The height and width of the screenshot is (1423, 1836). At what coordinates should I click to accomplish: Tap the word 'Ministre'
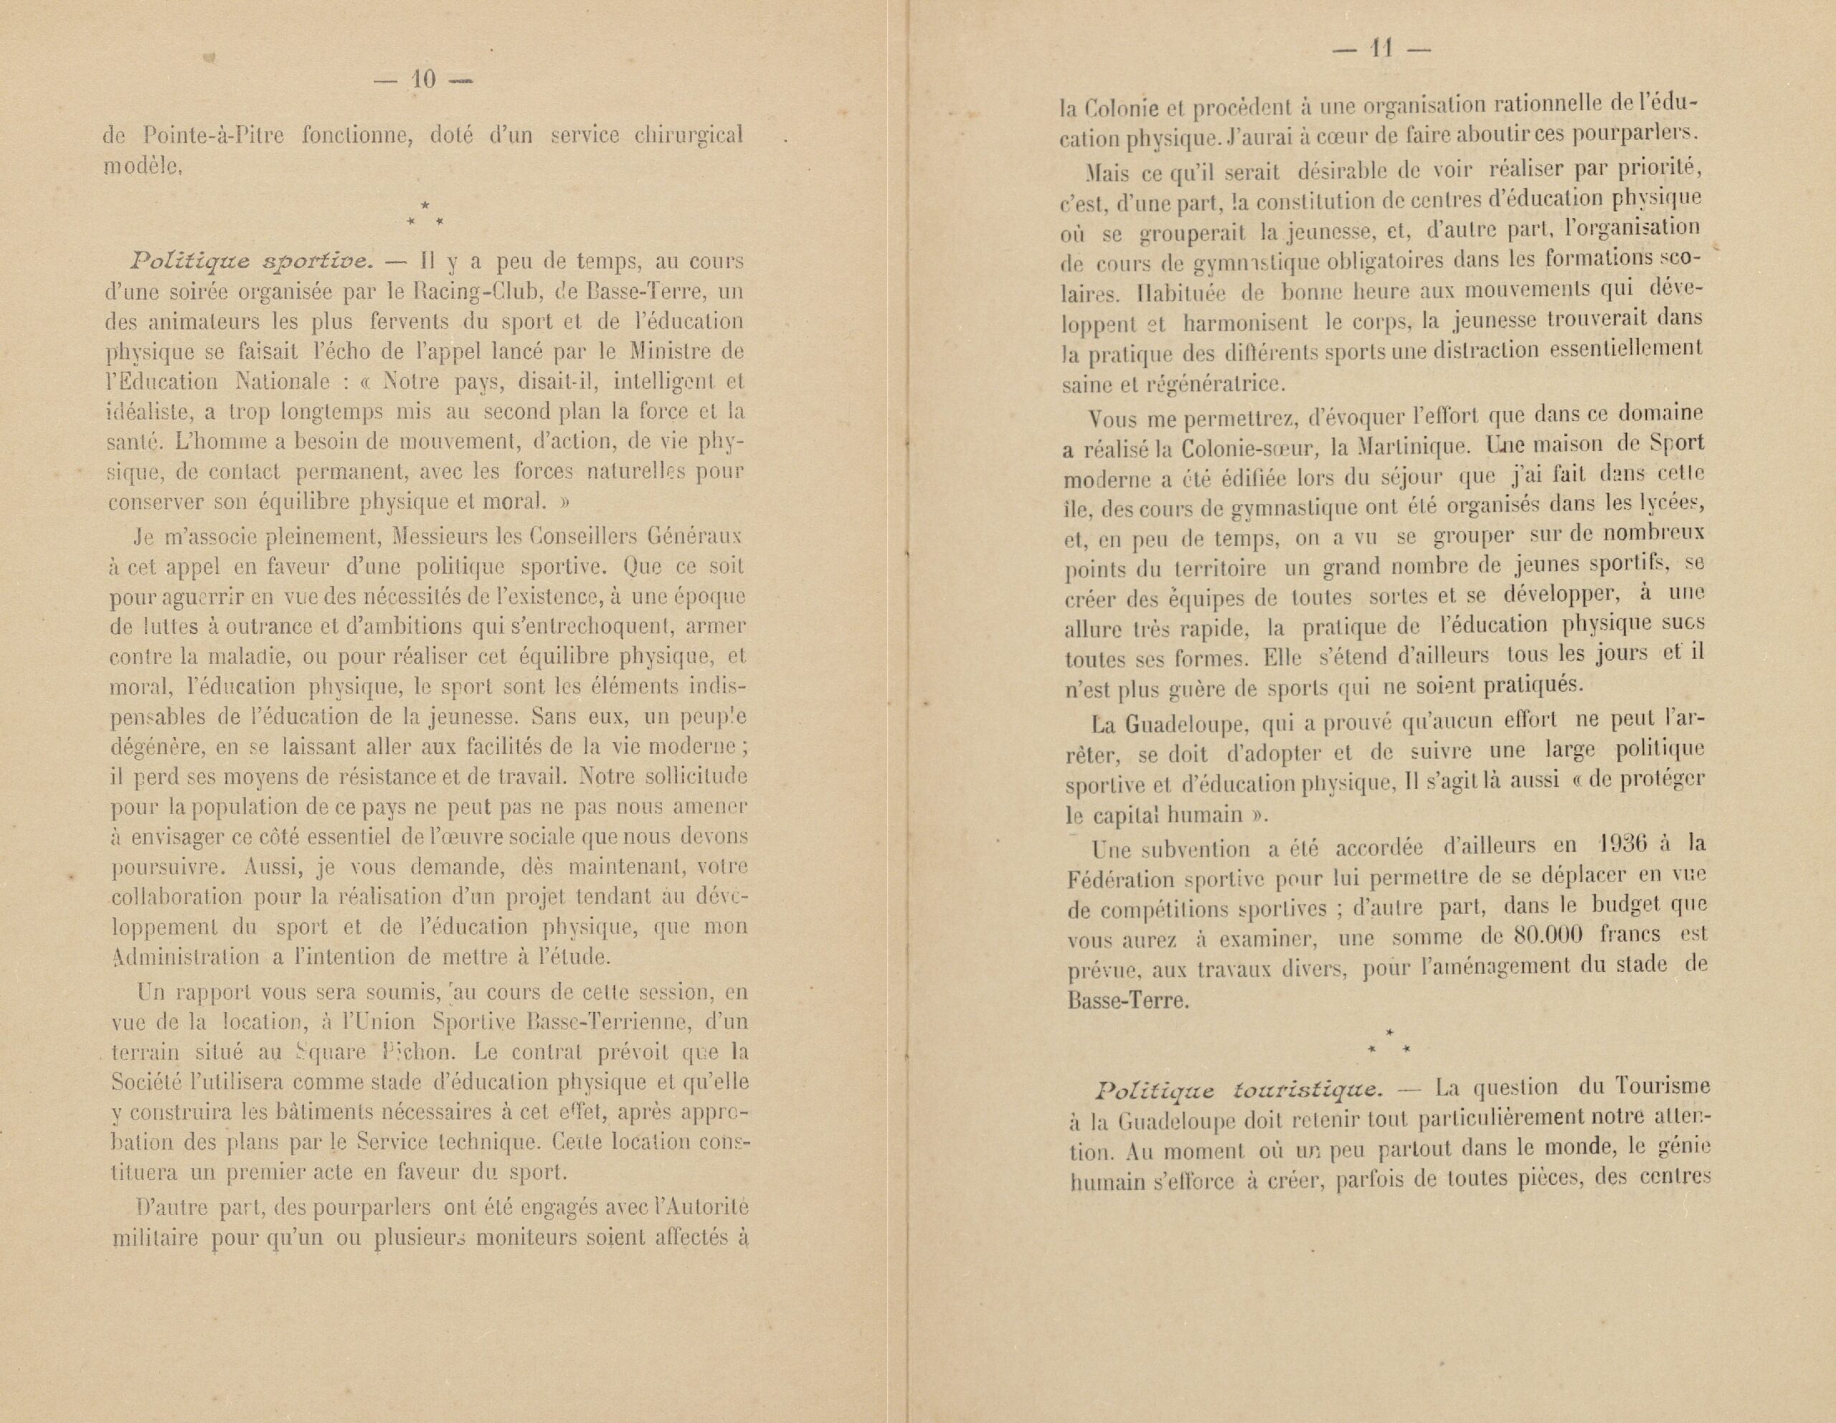[x=669, y=351]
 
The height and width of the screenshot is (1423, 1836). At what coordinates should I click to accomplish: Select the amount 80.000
[x=1548, y=935]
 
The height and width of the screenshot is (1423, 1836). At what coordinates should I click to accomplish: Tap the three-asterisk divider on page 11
[x=1388, y=1041]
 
